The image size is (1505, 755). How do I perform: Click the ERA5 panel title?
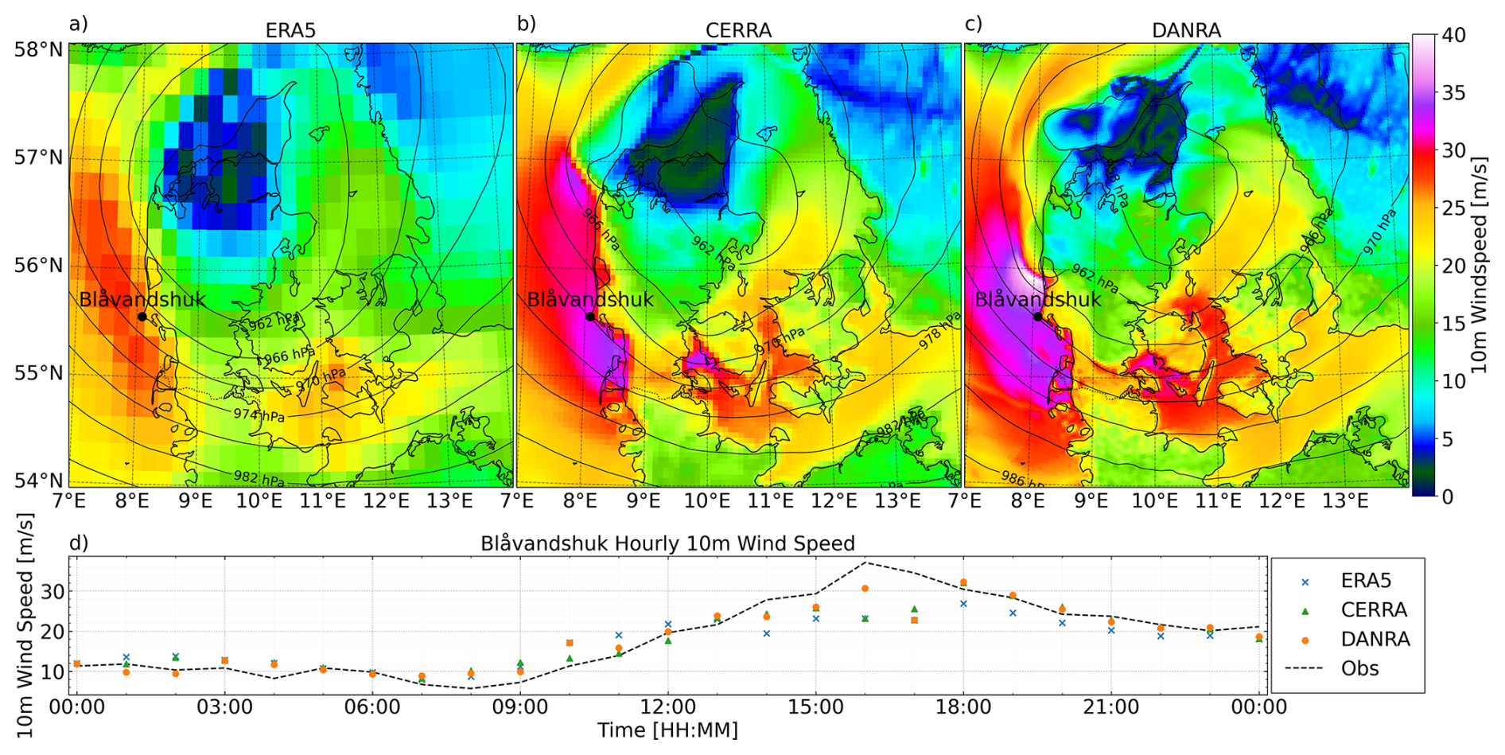tap(290, 30)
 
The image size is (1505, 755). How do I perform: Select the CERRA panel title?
tap(738, 30)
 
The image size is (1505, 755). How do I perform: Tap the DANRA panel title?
tap(1186, 30)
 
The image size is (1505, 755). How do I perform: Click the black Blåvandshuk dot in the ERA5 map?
tap(142, 317)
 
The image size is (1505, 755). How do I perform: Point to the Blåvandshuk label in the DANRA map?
tap(1038, 300)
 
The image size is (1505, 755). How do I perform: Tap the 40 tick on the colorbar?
tap(1454, 36)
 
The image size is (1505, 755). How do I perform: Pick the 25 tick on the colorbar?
tap(1454, 208)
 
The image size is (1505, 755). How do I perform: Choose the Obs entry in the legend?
tap(1359, 668)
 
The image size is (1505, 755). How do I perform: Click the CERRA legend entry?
tap(1374, 610)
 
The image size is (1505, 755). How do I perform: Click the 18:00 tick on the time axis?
tap(963, 706)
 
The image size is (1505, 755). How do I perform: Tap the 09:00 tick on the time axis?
tap(519, 706)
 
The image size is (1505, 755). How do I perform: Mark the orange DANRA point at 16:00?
tap(865, 589)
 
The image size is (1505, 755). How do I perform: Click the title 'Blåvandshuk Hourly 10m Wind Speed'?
tap(667, 543)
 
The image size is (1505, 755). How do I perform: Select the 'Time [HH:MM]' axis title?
tap(667, 730)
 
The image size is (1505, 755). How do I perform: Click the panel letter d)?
tap(78, 543)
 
